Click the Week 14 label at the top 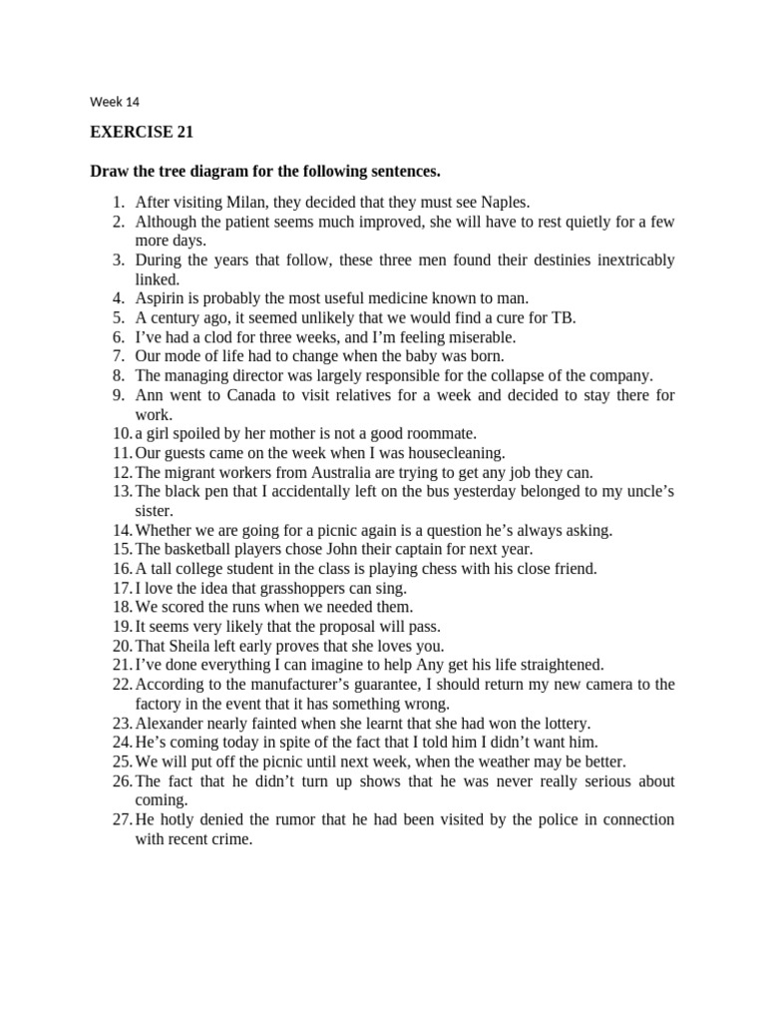coord(115,101)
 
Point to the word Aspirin coord(160,298)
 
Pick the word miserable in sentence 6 coord(480,337)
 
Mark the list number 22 coord(121,685)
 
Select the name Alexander coord(171,723)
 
